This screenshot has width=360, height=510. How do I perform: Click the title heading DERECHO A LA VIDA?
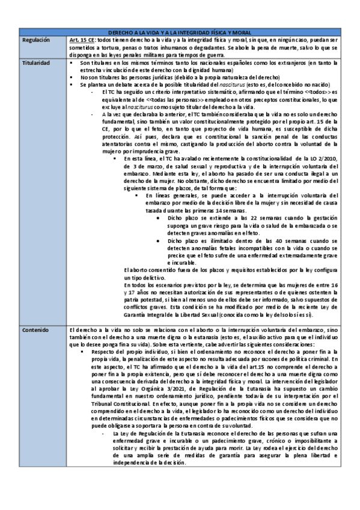180,32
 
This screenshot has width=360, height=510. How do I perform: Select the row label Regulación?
36,40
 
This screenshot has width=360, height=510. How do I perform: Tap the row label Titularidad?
35,63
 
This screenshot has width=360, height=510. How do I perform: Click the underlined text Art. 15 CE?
82,40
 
